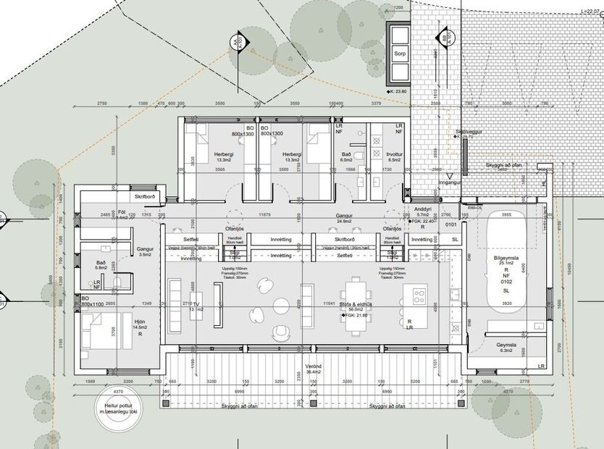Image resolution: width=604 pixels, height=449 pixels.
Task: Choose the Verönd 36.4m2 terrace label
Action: coord(314,369)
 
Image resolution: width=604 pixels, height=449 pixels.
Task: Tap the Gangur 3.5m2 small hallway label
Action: coord(146,251)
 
